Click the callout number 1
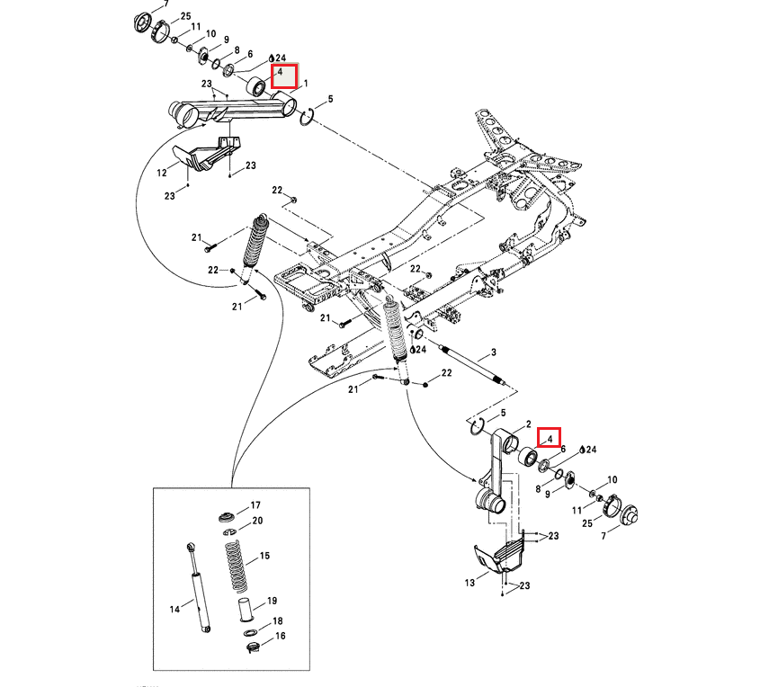306,84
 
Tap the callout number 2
529,424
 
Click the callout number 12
163,172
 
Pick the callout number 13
469,583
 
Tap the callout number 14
175,609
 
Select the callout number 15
264,557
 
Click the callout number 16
280,636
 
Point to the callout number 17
255,504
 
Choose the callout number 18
278,621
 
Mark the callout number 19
272,601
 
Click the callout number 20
257,521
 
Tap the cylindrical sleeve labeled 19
244,611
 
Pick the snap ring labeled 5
305,116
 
